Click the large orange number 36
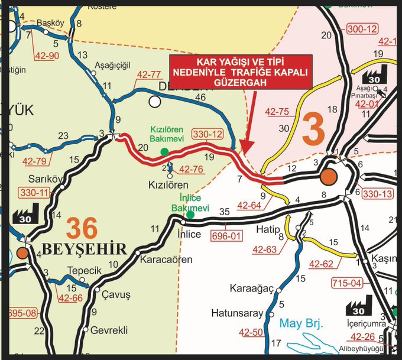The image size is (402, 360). point(82,228)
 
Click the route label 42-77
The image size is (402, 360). point(149,75)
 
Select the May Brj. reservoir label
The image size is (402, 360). point(299,325)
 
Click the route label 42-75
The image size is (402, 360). point(277,111)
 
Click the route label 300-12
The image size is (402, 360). point(363,28)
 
